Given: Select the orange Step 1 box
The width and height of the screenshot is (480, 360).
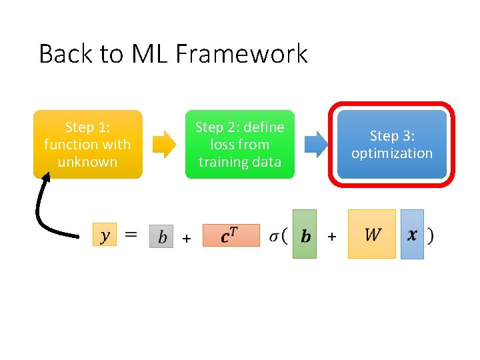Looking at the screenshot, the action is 88,144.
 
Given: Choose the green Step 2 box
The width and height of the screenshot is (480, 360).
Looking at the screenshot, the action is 239,144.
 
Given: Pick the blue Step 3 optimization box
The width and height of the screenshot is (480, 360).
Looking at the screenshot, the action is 392,144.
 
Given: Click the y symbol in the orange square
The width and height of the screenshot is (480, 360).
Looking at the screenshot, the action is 105,235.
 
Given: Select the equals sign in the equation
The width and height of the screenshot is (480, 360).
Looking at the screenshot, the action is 132,235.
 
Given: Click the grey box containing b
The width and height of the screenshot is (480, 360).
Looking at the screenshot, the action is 161,236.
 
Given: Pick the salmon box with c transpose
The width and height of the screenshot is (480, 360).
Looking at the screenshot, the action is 231,235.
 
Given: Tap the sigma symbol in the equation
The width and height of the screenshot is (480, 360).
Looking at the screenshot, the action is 275,235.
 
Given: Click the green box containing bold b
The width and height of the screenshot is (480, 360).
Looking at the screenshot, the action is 305,235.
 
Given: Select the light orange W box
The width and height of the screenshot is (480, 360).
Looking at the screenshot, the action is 372,234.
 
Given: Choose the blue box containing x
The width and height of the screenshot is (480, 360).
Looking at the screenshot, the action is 412,234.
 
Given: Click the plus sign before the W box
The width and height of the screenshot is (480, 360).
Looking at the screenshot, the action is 332,237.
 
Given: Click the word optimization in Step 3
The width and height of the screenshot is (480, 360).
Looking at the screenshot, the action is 392,153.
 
